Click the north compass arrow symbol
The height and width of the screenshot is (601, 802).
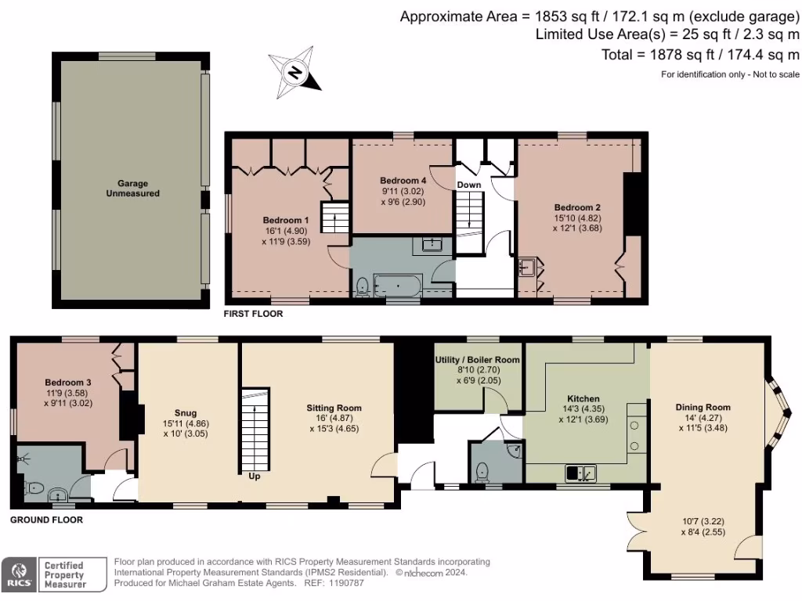point(294,73)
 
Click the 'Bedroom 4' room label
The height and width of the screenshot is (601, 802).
point(401,179)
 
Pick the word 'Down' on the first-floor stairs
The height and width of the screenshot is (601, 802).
point(469,185)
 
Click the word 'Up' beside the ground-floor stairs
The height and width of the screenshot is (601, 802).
point(254,476)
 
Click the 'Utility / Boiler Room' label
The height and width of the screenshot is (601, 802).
point(478,359)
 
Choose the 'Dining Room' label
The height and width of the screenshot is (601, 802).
point(703,407)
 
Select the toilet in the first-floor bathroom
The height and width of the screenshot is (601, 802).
point(362,287)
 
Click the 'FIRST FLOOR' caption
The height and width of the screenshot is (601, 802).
point(253,314)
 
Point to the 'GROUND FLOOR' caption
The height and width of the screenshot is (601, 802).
point(46,520)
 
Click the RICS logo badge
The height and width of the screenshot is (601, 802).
point(20,574)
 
